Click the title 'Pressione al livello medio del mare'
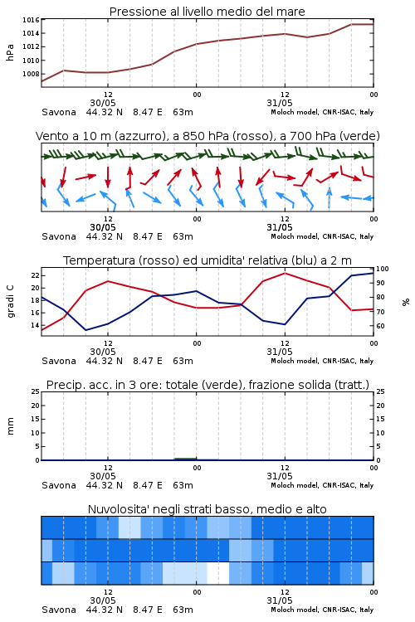click(x=207, y=12)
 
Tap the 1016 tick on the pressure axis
click(x=31, y=20)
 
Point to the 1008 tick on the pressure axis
click(x=31, y=74)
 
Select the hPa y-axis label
click(x=10, y=52)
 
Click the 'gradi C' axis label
click(x=10, y=302)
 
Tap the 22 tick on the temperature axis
click(x=35, y=275)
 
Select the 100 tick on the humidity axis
click(x=382, y=269)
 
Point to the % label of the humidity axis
click(x=406, y=302)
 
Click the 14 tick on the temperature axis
click(x=35, y=325)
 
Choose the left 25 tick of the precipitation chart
click(x=35, y=391)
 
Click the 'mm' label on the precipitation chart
click(x=10, y=426)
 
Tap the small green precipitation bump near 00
click(x=185, y=459)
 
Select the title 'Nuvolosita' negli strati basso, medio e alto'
click(x=207, y=509)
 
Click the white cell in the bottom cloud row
click(x=218, y=573)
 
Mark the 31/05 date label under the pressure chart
click(x=280, y=103)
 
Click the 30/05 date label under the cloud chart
click(x=103, y=600)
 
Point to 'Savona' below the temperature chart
click(x=59, y=361)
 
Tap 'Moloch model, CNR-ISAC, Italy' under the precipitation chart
click(x=322, y=485)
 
